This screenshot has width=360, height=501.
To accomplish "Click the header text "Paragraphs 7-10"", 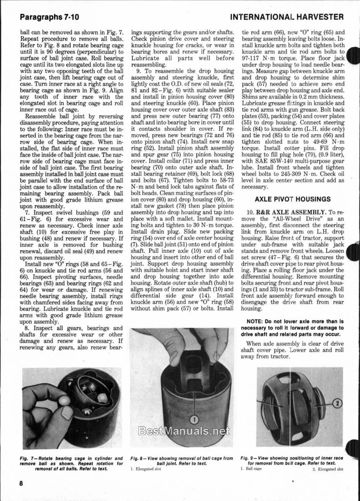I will [49, 17].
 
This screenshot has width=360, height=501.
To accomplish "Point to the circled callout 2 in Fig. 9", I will [337, 403].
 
